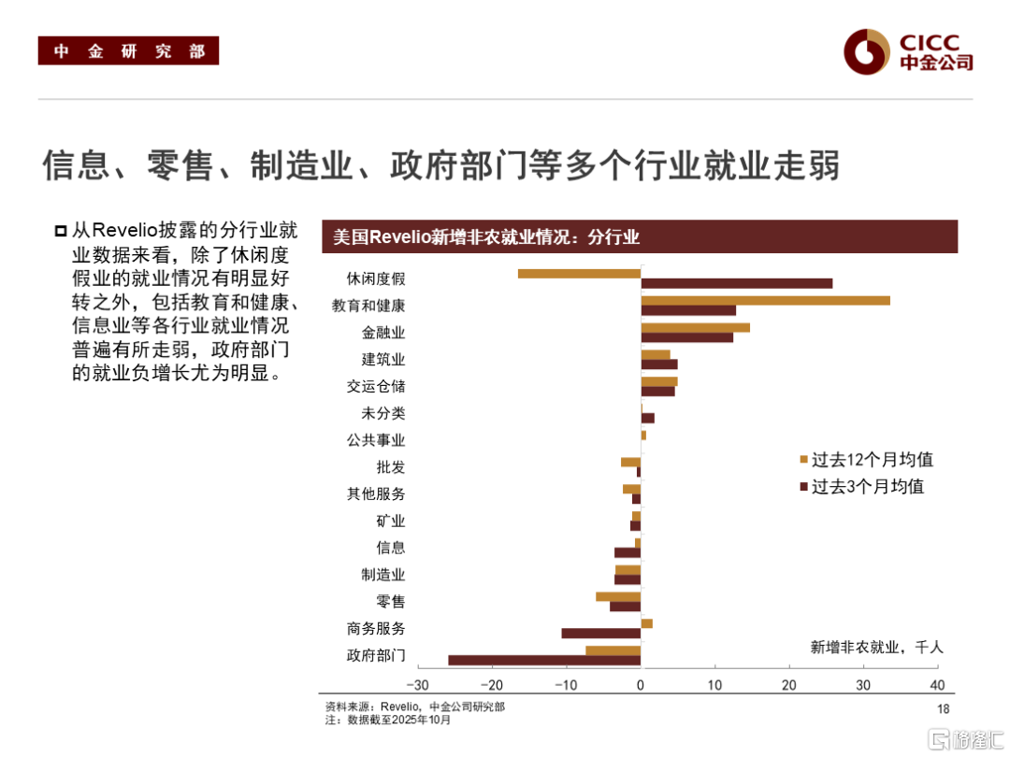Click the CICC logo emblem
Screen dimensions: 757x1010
coord(865,50)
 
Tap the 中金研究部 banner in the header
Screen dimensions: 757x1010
coord(128,51)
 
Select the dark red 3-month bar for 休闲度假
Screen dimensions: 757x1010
coord(736,283)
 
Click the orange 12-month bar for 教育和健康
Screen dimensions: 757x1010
coord(765,300)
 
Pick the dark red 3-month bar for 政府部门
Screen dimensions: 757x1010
coord(544,660)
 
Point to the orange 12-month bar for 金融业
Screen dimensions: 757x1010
coord(695,327)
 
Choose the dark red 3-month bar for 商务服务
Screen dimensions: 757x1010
coord(600,633)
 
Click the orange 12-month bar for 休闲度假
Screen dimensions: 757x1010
coord(579,273)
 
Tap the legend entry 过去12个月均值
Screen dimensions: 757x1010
coord(866,460)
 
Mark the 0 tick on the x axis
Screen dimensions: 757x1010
coord(641,684)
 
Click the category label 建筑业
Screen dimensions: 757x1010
coord(383,359)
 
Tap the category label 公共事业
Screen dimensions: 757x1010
coord(376,440)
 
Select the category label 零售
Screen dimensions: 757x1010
coord(391,602)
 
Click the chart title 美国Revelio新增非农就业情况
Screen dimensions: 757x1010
coord(486,237)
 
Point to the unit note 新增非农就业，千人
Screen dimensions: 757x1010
coord(876,647)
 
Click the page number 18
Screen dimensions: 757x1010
coord(943,709)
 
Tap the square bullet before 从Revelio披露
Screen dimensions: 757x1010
coord(61,231)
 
